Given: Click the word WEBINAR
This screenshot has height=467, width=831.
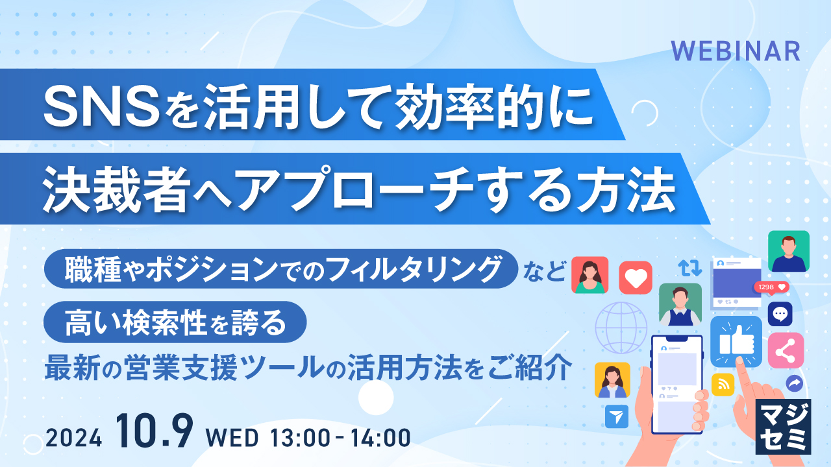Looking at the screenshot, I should (735, 51).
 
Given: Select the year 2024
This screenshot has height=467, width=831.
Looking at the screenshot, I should (74, 438).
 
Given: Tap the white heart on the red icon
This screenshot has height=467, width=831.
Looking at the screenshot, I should (636, 278).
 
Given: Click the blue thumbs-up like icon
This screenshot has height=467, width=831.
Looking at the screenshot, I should (736, 341).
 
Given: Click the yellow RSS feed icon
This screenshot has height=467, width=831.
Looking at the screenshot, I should (723, 384).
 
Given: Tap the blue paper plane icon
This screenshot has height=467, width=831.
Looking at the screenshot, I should (616, 416).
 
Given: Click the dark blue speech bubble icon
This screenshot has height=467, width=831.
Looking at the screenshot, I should (780, 314).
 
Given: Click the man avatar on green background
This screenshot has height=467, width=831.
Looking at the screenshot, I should (788, 251).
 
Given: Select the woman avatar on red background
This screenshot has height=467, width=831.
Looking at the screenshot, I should (589, 275).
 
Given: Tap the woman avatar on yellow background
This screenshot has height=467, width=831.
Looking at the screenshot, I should (612, 380).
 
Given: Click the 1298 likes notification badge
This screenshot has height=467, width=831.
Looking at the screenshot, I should (771, 287).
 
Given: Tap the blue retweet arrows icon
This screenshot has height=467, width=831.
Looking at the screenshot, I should (689, 267).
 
